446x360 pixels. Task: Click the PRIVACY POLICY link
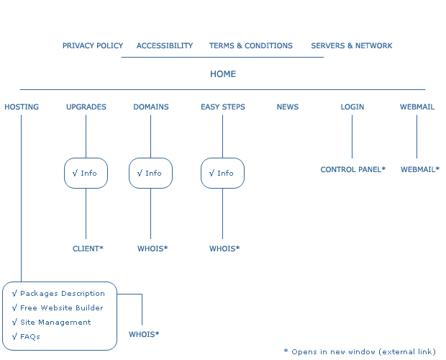point(93,45)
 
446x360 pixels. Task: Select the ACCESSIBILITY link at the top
point(165,45)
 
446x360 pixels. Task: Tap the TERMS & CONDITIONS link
point(251,45)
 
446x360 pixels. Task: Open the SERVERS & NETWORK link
point(352,45)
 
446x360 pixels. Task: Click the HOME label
point(223,74)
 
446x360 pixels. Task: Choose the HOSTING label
point(22,107)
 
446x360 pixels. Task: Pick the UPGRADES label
point(86,107)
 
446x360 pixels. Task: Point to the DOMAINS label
point(151,107)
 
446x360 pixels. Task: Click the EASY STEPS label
point(223,107)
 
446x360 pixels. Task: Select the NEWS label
point(288,107)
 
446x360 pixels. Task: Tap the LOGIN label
point(352,107)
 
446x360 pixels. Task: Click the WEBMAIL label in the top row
point(417,107)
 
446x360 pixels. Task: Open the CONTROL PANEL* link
point(353,169)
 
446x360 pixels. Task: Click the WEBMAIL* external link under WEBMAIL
point(420,169)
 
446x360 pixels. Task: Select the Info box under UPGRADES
point(86,173)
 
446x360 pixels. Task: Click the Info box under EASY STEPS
point(222,173)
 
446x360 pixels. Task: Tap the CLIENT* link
point(88,248)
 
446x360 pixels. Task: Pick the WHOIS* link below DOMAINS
point(153,248)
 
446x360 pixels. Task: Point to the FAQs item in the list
point(30,336)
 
